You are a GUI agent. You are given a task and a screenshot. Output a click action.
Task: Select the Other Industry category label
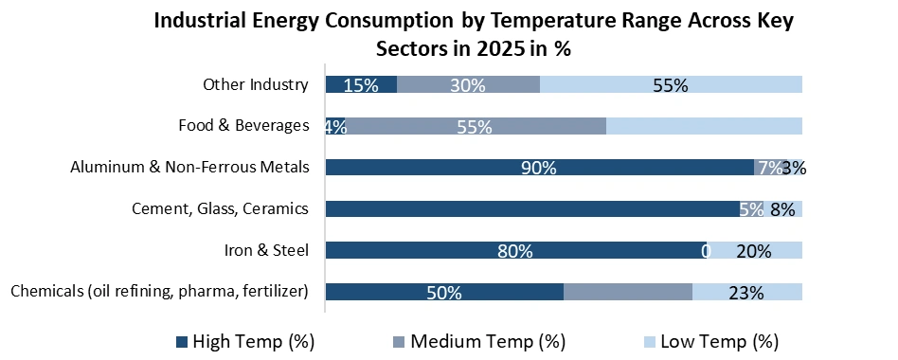click(x=256, y=84)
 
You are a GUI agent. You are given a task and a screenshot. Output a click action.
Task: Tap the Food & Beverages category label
click(x=243, y=125)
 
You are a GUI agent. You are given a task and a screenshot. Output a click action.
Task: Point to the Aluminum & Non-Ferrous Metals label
click(x=189, y=167)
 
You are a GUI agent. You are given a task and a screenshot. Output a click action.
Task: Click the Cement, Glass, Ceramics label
click(x=220, y=208)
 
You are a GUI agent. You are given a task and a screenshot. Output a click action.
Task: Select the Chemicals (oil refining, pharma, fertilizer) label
click(x=160, y=291)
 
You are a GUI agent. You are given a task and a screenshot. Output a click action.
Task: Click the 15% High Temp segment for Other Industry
click(x=361, y=84)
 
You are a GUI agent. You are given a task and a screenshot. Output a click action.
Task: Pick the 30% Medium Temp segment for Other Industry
click(x=468, y=84)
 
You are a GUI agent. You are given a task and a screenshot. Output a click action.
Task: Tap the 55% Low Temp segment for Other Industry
click(x=671, y=84)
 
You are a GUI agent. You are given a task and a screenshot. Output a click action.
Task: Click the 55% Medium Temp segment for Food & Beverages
click(x=474, y=126)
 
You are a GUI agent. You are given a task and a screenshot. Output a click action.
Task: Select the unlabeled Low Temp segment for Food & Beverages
click(x=704, y=126)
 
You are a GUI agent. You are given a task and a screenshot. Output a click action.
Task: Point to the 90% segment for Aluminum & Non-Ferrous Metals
click(x=538, y=168)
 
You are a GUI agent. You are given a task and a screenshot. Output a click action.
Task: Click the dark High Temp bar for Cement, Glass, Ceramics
click(x=530, y=208)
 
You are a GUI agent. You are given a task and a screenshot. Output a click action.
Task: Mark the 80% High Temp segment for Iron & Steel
click(x=514, y=250)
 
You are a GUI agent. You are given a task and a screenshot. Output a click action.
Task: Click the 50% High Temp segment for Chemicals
click(x=443, y=292)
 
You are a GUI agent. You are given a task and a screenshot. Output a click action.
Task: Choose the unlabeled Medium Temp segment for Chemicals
click(x=627, y=292)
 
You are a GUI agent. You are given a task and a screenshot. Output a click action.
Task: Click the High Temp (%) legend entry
click(x=244, y=340)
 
